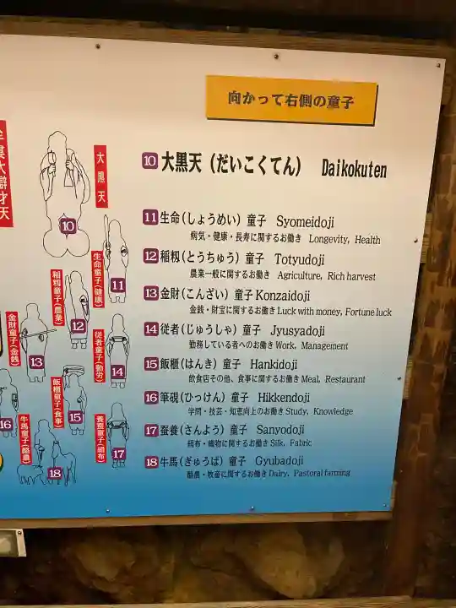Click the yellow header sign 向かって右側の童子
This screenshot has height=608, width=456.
coord(291,100)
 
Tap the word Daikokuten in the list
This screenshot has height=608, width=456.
coord(354,169)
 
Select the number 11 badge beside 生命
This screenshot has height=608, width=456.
coord(150,218)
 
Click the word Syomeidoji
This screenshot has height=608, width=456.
coord(305,222)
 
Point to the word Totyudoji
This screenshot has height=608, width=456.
coord(300,258)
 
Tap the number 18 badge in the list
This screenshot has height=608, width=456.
coord(151,462)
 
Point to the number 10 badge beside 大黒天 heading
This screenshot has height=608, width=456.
coord(149,160)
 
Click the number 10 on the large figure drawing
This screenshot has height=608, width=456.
coord(68,225)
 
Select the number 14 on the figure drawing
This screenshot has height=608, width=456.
coord(117,372)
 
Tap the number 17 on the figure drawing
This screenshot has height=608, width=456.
coord(118,453)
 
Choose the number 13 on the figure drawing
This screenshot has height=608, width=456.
coord(35,362)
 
